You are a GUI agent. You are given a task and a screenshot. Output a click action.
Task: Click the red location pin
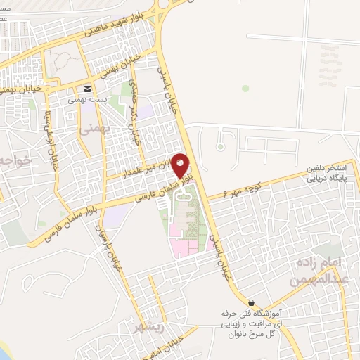(181, 166)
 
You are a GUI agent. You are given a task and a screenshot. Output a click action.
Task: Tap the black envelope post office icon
(87, 89)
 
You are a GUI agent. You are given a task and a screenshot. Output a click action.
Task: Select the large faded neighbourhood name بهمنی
(95, 131)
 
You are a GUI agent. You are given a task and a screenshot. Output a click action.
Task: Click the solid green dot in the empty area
(245, 89)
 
